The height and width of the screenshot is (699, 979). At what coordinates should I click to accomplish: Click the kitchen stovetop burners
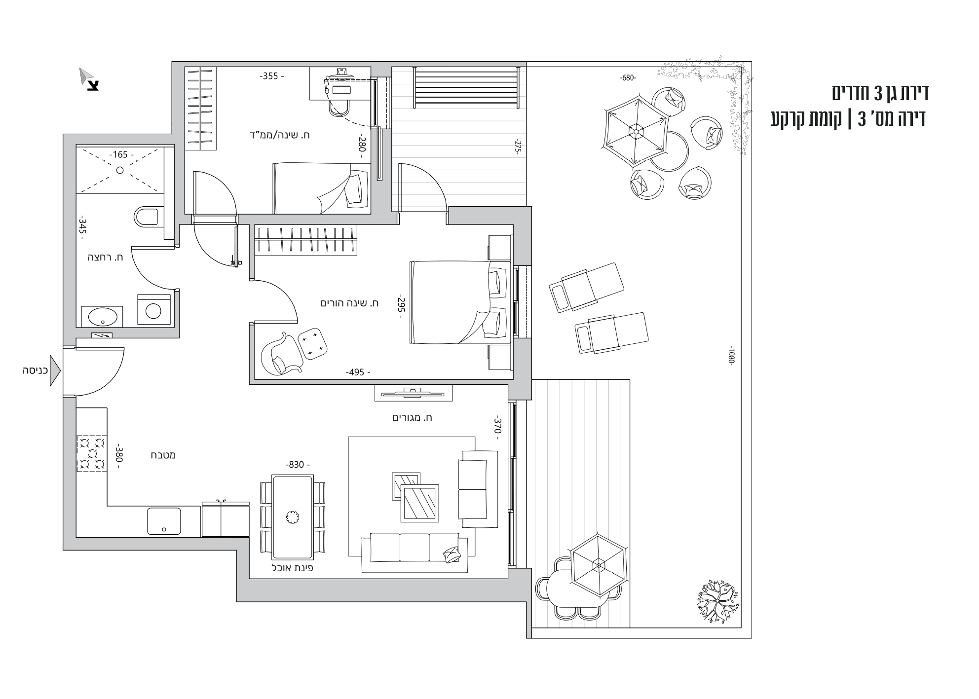click(x=91, y=453)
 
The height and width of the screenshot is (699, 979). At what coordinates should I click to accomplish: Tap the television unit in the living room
click(x=414, y=393)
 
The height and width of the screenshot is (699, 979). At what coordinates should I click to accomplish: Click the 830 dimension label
click(x=298, y=465)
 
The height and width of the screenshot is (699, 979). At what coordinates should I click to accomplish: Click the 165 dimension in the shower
click(x=119, y=154)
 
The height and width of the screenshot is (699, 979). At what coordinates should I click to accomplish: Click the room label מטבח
click(x=163, y=455)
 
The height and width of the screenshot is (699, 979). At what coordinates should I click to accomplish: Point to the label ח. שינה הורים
click(x=349, y=303)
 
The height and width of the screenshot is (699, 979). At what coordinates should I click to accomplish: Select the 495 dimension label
click(x=358, y=372)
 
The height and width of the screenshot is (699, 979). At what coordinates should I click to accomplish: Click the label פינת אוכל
click(x=293, y=568)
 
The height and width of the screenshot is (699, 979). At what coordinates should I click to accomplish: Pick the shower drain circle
click(x=119, y=170)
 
